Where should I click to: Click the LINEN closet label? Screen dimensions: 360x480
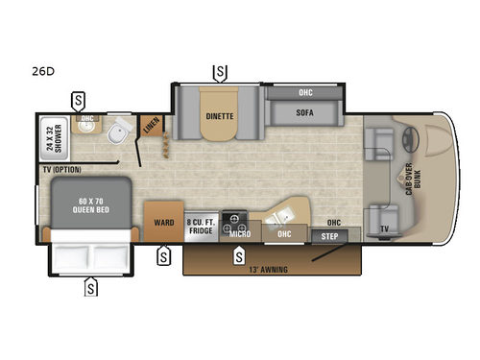point(151,127)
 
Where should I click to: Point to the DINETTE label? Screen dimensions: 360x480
point(220,116)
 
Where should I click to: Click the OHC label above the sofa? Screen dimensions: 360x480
point(305,93)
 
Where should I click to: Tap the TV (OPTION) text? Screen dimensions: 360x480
point(61,169)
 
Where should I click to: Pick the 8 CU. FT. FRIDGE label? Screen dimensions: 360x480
point(201,224)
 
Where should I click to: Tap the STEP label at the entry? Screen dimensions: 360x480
point(329,233)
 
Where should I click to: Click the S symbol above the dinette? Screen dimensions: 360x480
point(220,71)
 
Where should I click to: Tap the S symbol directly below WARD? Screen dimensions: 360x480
point(164,254)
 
